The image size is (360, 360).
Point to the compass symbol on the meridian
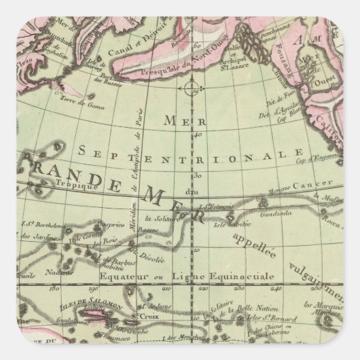click(190, 88)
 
